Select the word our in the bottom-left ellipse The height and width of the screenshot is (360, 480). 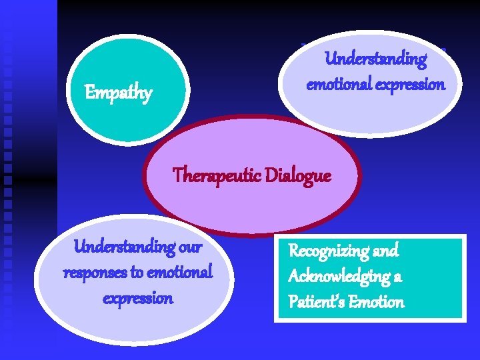click(189, 247)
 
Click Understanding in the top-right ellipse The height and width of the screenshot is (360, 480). click(376, 59)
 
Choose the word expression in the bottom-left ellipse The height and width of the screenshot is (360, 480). click(137, 298)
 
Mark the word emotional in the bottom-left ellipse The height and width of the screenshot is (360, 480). click(181, 273)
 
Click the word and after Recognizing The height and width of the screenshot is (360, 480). click(385, 251)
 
